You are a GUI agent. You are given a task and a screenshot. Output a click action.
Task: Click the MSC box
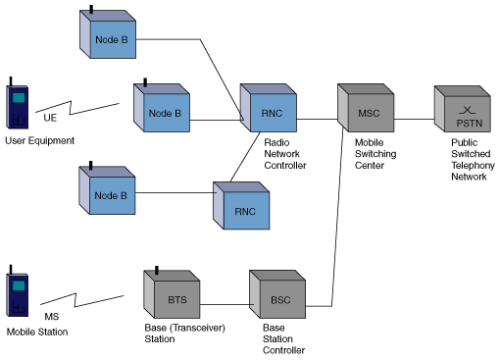pyautogui.click(x=366, y=108)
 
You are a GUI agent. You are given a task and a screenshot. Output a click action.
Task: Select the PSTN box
pyautogui.click(x=463, y=109)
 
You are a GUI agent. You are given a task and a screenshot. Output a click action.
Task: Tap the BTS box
pyautogui.click(x=172, y=294)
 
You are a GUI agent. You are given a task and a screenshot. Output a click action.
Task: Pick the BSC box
pyautogui.click(x=277, y=294)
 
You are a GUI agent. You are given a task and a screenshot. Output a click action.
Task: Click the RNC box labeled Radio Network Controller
pyautogui.click(x=269, y=108)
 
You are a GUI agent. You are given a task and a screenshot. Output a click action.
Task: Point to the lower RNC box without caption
pyautogui.click(x=241, y=206)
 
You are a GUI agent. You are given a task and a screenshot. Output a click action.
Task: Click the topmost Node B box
pyautogui.click(x=108, y=34)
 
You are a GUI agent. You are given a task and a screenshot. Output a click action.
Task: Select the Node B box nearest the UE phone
pyautogui.click(x=162, y=108)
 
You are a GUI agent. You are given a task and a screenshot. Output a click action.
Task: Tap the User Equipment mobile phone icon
pyautogui.click(x=18, y=103)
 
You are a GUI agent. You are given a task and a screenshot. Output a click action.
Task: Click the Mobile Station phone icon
pyautogui.click(x=18, y=291)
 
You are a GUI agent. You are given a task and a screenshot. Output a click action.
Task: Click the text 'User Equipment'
pyautogui.click(x=40, y=141)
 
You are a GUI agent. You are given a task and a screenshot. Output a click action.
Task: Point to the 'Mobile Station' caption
pyautogui.click(x=37, y=332)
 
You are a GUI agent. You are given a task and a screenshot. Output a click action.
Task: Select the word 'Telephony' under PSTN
pyautogui.click(x=473, y=166)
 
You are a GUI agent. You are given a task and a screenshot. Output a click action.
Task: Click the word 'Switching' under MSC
pyautogui.click(x=375, y=154)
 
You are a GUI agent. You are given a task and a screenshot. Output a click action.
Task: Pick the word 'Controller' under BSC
pyautogui.click(x=283, y=350)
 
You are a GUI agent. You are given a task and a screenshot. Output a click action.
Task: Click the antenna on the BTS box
pyautogui.click(x=157, y=270)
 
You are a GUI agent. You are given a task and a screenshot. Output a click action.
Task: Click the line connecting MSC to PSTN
pyautogui.click(x=414, y=120)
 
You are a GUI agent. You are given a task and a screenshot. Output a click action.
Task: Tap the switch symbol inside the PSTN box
pyautogui.click(x=467, y=111)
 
